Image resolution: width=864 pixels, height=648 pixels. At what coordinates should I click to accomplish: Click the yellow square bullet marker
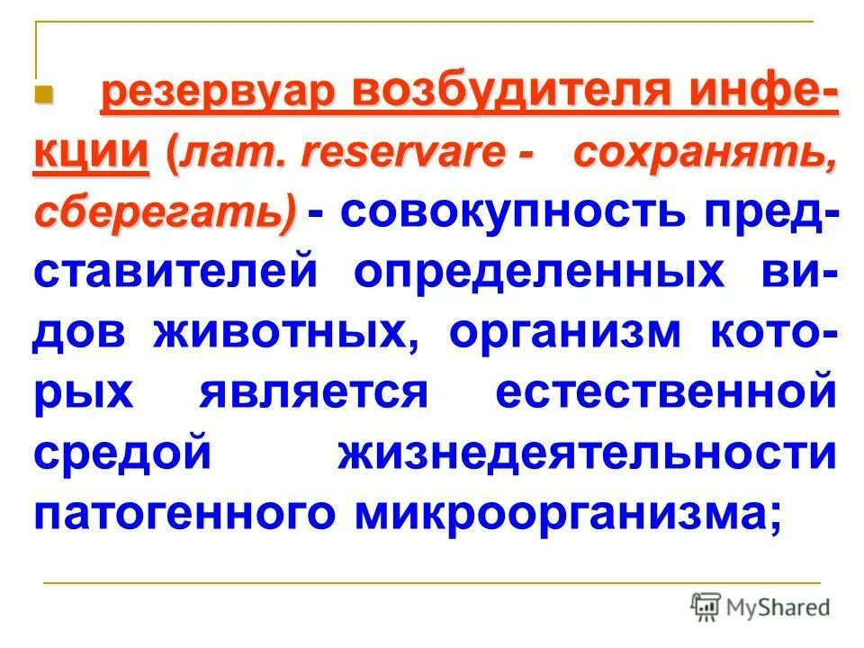[47, 94]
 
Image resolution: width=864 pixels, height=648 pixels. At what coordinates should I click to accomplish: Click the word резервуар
[214, 95]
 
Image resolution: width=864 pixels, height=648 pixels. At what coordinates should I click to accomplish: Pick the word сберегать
[162, 212]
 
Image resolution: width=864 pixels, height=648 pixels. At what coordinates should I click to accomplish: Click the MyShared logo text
[778, 607]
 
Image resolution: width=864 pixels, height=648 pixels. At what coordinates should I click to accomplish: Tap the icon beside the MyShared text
[706, 607]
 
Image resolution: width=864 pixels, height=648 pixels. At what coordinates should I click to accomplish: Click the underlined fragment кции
[91, 153]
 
